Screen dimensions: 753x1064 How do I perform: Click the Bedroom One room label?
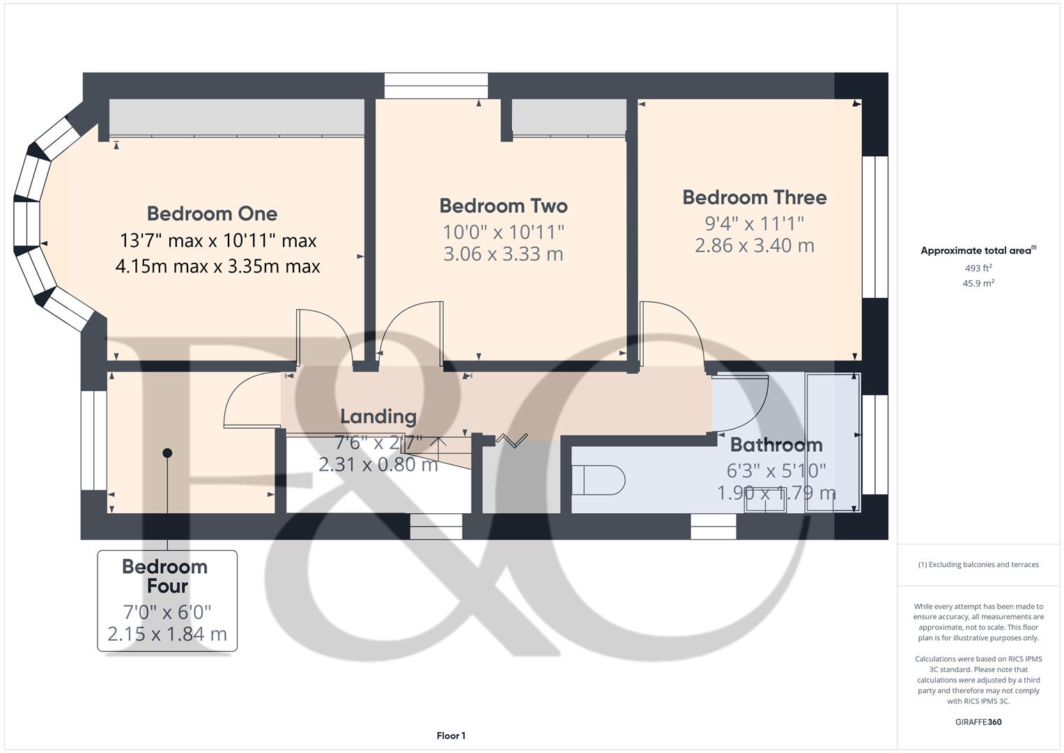tap(212, 213)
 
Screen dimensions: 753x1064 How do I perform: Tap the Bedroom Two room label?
tap(503, 206)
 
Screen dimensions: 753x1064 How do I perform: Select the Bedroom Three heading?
tap(754, 197)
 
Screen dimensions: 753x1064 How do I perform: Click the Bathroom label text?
tap(776, 445)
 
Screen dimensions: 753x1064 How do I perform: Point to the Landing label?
tap(378, 416)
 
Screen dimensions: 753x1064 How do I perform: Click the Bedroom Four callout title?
tap(165, 576)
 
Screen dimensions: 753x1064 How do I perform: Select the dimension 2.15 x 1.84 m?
tap(167, 634)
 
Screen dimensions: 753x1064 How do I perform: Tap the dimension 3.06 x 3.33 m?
tap(503, 254)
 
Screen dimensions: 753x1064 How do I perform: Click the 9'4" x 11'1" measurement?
tap(754, 223)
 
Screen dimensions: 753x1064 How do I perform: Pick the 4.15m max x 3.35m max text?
tap(217, 266)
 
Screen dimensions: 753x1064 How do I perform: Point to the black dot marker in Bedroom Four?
tap(167, 453)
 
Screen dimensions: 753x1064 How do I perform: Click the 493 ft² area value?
tap(978, 268)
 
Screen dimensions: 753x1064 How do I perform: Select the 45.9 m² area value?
tap(978, 283)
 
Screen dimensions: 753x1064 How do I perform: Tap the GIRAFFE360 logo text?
tap(978, 722)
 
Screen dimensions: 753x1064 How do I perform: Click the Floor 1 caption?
tap(451, 736)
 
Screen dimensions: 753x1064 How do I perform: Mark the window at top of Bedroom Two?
tap(435, 85)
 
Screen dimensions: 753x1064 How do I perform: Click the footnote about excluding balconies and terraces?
tap(978, 565)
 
